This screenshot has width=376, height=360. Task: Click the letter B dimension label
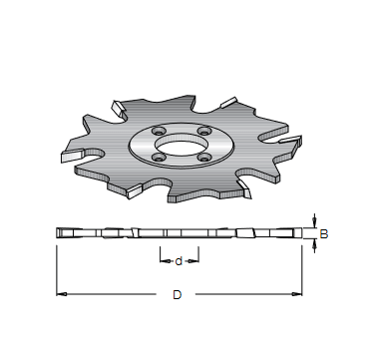pos(324,234)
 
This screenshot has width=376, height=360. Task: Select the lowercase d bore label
pos(179,261)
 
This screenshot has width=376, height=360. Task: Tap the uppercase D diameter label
pos(178,295)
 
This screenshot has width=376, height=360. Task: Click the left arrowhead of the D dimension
pos(62,294)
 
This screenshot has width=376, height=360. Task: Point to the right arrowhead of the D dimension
pos(296,294)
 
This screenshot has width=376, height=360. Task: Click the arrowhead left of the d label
pos(166,261)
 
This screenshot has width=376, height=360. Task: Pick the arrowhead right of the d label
pos(193,261)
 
